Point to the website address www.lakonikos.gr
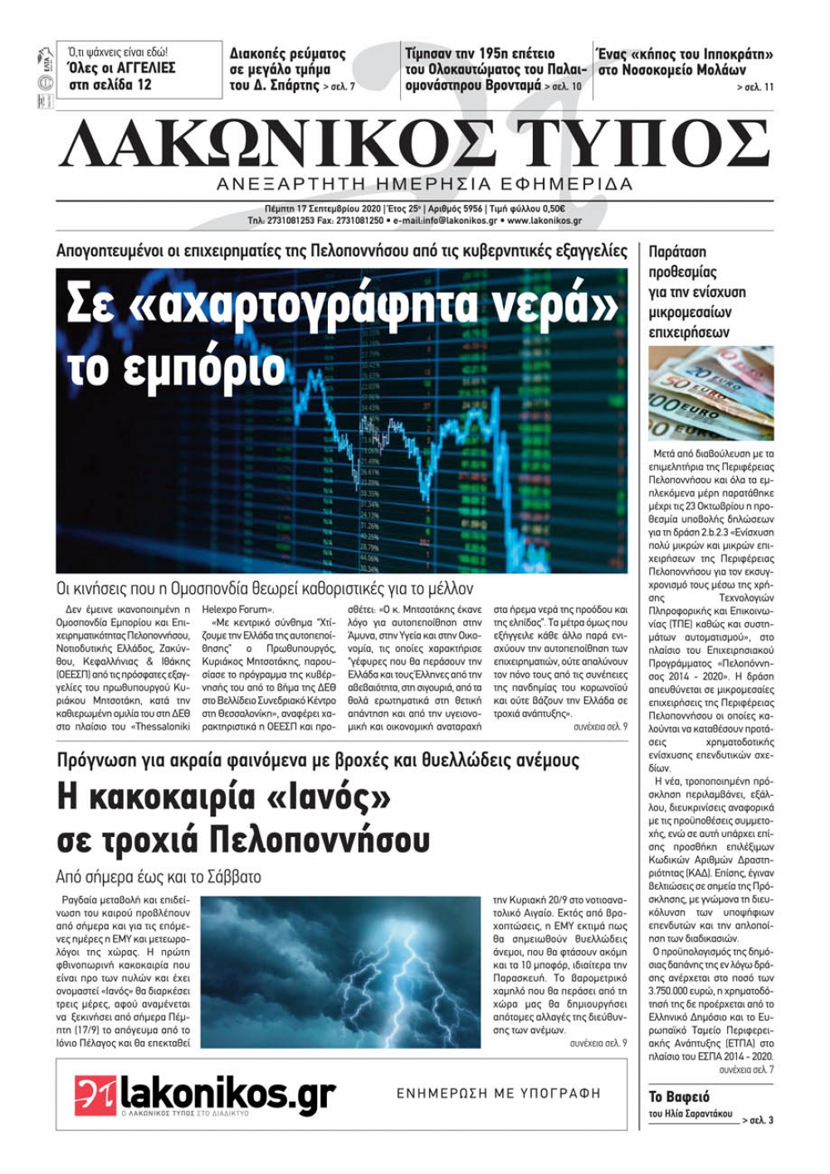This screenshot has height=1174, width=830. [544, 222]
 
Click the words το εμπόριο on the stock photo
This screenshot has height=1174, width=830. [176, 368]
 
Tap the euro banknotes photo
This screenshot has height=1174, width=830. [711, 393]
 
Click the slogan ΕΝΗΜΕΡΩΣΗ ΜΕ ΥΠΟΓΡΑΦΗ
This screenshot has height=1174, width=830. [498, 1094]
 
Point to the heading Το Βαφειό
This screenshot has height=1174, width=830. [679, 1097]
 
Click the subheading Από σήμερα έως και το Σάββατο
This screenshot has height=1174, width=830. [159, 876]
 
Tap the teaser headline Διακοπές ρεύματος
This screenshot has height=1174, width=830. [287, 54]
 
